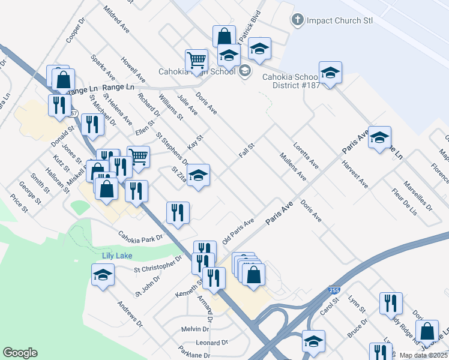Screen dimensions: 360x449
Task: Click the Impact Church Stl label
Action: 339,20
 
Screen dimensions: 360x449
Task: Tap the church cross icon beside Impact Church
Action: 297,20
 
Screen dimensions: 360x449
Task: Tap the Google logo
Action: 20,353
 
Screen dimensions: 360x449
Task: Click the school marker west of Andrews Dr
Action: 103,275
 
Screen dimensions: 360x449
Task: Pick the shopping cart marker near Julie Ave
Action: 196,60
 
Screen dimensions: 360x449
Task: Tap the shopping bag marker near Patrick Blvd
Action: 223,36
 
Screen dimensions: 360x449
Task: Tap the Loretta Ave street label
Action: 306,155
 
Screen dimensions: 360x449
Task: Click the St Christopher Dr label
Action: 157,265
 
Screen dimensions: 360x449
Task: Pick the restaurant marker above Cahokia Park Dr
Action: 178,213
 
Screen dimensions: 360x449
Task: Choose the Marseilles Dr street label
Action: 417,196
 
